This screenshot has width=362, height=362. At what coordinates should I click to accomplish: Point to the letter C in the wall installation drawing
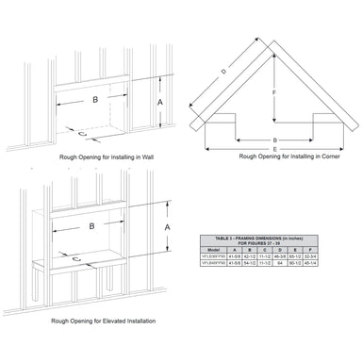[82, 133]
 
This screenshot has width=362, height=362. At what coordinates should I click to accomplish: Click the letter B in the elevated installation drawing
[91, 227]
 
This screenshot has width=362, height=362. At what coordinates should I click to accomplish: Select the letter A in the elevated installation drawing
[168, 227]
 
